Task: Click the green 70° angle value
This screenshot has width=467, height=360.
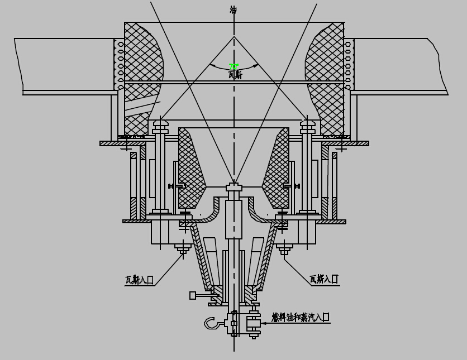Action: point(233,67)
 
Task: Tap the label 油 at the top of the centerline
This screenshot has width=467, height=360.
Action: point(233,10)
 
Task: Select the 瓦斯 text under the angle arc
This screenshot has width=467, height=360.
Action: point(235,75)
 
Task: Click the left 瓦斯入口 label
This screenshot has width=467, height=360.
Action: point(139,280)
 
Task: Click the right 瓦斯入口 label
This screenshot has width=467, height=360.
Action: point(323,279)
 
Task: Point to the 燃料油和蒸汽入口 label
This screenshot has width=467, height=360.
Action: point(300,317)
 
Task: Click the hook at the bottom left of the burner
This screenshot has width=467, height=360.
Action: point(212,323)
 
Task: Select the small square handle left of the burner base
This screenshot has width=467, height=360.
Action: point(193,295)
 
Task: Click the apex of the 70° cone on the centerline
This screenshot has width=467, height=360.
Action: point(234,37)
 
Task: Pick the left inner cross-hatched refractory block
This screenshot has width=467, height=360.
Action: point(190,167)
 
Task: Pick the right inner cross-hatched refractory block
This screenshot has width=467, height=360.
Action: point(278,167)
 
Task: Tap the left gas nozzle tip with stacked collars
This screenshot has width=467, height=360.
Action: point(160,126)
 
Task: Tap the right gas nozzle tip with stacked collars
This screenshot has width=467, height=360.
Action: point(308,126)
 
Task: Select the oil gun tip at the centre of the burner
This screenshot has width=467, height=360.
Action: point(234,187)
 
